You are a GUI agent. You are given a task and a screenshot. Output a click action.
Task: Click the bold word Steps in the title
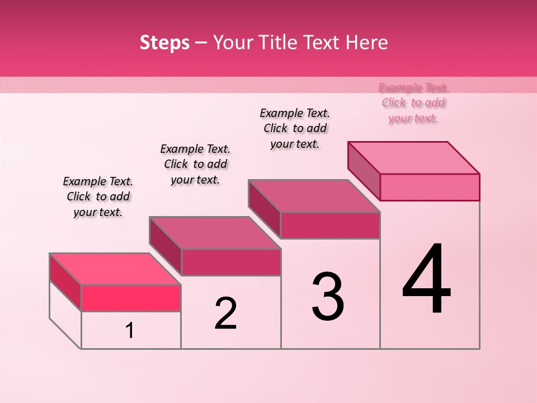click(x=164, y=43)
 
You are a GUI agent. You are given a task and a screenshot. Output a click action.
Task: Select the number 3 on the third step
click(x=328, y=297)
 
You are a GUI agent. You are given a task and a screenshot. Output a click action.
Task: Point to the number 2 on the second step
click(x=226, y=313)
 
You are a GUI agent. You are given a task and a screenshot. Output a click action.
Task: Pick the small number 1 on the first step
click(x=130, y=331)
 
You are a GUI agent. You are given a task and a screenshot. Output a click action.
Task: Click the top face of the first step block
click(x=115, y=269)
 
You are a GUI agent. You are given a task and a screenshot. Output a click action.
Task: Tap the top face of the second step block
click(x=215, y=233)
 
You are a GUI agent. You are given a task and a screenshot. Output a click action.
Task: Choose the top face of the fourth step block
click(x=414, y=158)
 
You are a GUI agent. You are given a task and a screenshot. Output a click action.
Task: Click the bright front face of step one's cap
click(x=131, y=298)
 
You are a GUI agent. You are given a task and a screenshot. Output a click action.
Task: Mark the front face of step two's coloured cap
click(x=231, y=262)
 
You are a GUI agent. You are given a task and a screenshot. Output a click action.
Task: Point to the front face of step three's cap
click(x=330, y=225)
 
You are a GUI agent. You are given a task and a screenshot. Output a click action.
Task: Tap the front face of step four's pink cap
click(x=430, y=187)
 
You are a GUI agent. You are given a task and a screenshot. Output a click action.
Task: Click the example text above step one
click(x=98, y=196)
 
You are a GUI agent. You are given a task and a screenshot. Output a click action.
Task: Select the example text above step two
click(x=195, y=164)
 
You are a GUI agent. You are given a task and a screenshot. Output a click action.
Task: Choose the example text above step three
click(x=295, y=128)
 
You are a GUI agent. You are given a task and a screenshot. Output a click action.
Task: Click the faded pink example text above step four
click(x=413, y=102)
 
